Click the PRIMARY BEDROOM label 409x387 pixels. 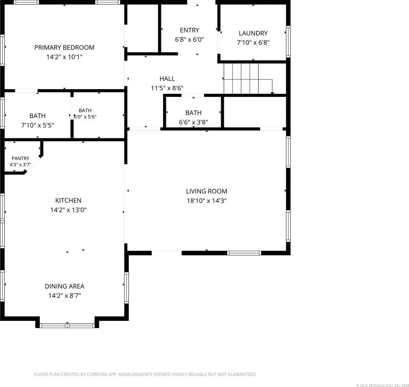coord(64,48)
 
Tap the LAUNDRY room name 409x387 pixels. coord(253,33)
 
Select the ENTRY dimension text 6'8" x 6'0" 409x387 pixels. coord(189,40)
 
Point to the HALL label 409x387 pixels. coord(167,79)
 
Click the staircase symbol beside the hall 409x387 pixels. coord(248,78)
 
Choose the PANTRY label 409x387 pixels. coord(20,158)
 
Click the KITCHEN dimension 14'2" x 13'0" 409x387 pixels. coord(68,210)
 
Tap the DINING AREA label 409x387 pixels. coord(65,286)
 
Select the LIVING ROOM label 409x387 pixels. coord(207,191)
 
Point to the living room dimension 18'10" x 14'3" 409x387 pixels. coord(207,200)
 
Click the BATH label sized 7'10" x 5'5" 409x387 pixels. coord(37,116)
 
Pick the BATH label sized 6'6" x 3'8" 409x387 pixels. coord(193,112)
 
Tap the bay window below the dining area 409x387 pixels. coord(67,325)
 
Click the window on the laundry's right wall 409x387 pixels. coord(288,42)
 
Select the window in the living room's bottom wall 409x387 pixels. coord(244,253)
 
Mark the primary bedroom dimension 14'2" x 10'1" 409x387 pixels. coord(65,57)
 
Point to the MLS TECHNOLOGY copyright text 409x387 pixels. coord(382,385)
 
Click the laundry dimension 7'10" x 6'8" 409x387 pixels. coord(253,42)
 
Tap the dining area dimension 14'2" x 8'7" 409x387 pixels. coord(65,295)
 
